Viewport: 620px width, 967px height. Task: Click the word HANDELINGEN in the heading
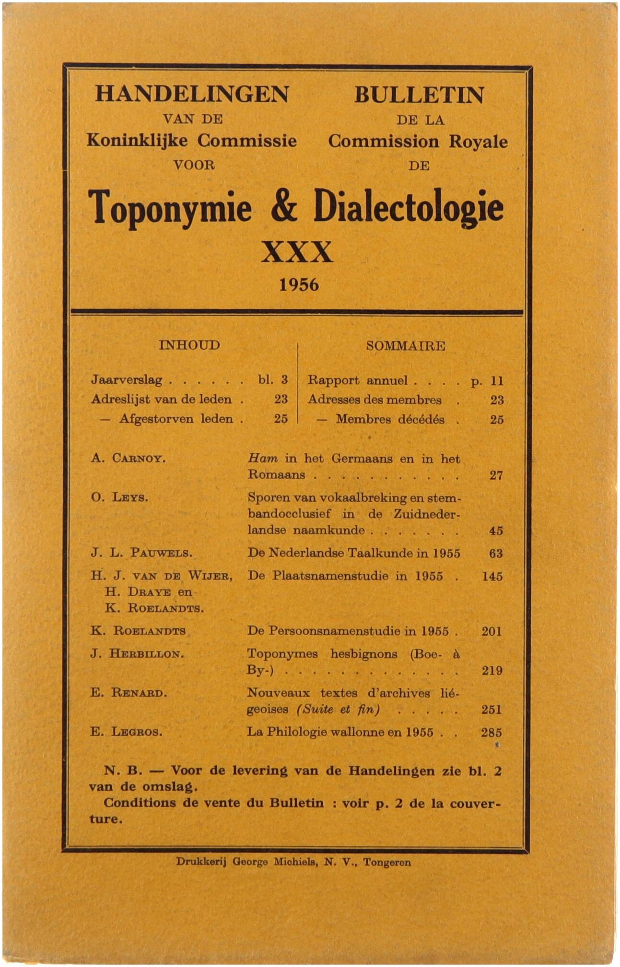(x=192, y=94)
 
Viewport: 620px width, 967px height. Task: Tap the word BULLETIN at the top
(x=419, y=95)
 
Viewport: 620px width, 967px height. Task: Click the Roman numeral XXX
(x=297, y=252)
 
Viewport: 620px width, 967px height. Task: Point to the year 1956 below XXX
(x=299, y=285)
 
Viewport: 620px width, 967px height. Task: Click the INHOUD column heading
(x=189, y=345)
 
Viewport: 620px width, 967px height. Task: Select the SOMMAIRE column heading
(x=406, y=346)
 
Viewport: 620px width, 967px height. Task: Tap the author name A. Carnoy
(x=129, y=458)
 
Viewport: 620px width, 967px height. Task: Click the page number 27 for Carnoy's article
(x=496, y=475)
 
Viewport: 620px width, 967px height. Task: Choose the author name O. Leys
(x=120, y=497)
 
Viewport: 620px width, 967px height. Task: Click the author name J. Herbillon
(x=137, y=654)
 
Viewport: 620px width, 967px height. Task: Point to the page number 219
(x=492, y=671)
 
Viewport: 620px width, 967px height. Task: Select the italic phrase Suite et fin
(x=339, y=709)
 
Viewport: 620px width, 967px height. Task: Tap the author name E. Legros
(x=127, y=732)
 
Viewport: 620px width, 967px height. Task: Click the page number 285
(x=491, y=732)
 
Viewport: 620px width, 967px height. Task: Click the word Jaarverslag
(x=127, y=380)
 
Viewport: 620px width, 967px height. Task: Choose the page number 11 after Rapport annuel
(x=497, y=381)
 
